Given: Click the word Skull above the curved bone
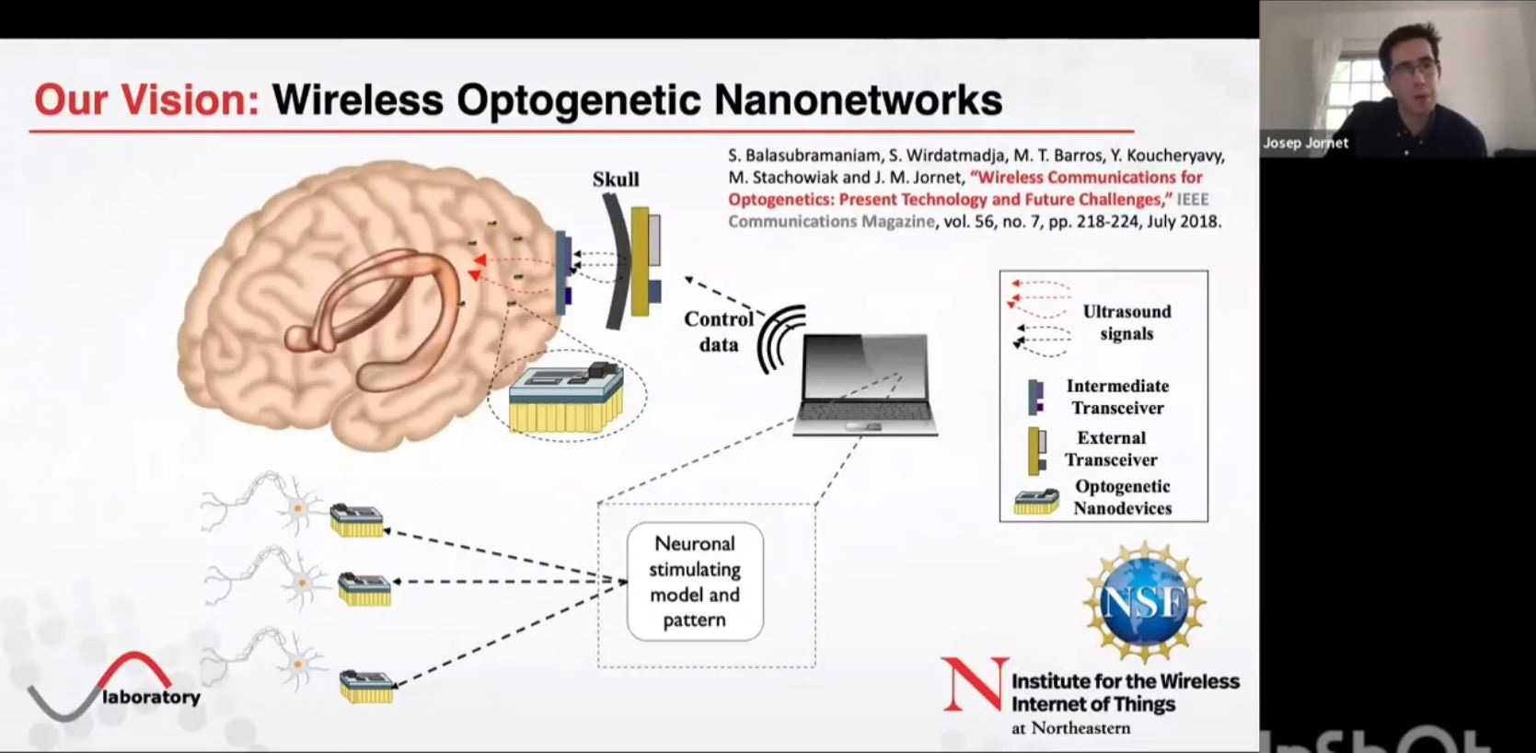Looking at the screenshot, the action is coord(616,180).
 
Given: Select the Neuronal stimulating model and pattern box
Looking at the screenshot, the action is coord(695,582).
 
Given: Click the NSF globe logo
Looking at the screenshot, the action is coord(1144,602).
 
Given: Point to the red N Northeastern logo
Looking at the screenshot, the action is coord(973,686).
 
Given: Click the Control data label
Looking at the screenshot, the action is coord(718,331).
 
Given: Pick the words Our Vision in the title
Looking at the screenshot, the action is coord(146,99).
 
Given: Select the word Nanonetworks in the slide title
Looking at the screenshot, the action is coord(858,99).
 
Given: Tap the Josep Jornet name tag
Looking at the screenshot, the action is coord(1305,144).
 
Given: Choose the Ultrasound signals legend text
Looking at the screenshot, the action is coord(1126,322).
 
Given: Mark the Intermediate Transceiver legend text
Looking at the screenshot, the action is coord(1117,397).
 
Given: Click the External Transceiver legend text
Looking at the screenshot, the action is coord(1111,448).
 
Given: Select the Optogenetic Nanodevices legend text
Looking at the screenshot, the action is coord(1122,497).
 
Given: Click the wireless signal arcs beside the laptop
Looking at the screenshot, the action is coord(780,339).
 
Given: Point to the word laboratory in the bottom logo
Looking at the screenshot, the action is coord(152,697).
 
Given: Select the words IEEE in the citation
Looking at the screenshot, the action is coord(1193,200).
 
